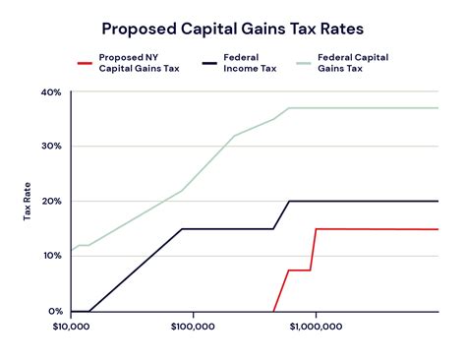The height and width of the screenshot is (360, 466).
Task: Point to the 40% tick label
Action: tap(51, 92)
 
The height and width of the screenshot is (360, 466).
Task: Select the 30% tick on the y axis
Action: tap(51, 147)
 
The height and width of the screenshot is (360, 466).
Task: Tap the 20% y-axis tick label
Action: tap(51, 201)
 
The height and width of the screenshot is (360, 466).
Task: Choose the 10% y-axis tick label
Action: tap(51, 256)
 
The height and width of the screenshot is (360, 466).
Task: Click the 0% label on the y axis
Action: tap(54, 311)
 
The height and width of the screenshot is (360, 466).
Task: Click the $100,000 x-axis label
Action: tap(193, 327)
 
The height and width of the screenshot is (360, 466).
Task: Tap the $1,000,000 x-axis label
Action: tap(315, 327)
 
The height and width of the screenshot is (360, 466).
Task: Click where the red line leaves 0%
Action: tap(274, 311)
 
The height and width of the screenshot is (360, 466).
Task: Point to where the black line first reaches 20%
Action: tap(289, 201)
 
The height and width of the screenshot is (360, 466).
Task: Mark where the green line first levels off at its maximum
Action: tap(289, 108)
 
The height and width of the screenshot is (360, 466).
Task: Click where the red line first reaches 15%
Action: tap(316, 228)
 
